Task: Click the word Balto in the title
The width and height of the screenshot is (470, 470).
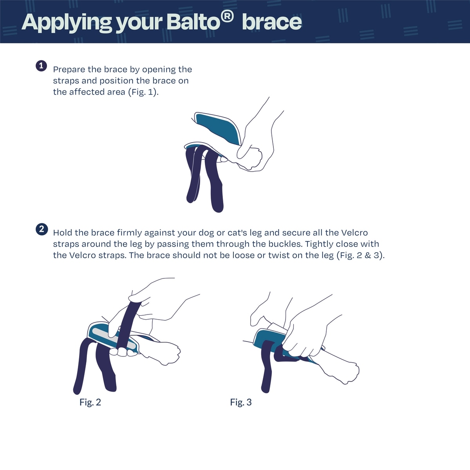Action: [194, 22]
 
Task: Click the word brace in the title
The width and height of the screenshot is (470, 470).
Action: [272, 22]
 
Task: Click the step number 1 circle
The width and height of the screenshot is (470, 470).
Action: [41, 66]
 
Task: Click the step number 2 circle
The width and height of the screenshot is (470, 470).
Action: [42, 229]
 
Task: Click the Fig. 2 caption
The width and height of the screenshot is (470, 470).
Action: [90, 402]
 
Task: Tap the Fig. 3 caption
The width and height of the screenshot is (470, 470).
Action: [241, 402]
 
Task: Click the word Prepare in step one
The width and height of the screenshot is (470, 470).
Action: [69, 70]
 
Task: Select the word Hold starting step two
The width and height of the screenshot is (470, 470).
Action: [63, 233]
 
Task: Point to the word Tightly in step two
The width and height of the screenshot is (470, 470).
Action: [319, 244]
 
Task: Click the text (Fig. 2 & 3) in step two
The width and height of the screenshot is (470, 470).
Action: [360, 256]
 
